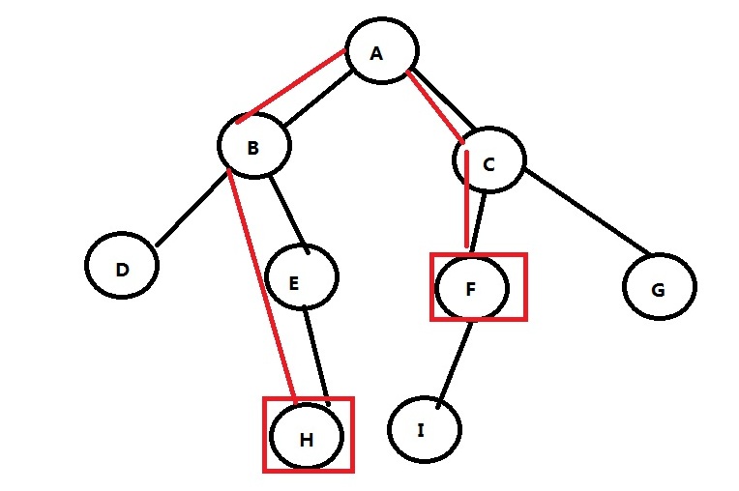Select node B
(x=253, y=147)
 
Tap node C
(x=488, y=163)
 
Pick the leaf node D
(x=122, y=269)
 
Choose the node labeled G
(x=659, y=287)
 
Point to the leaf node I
(x=422, y=429)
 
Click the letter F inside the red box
(x=470, y=288)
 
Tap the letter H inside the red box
(x=307, y=439)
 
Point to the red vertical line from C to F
(x=468, y=203)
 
